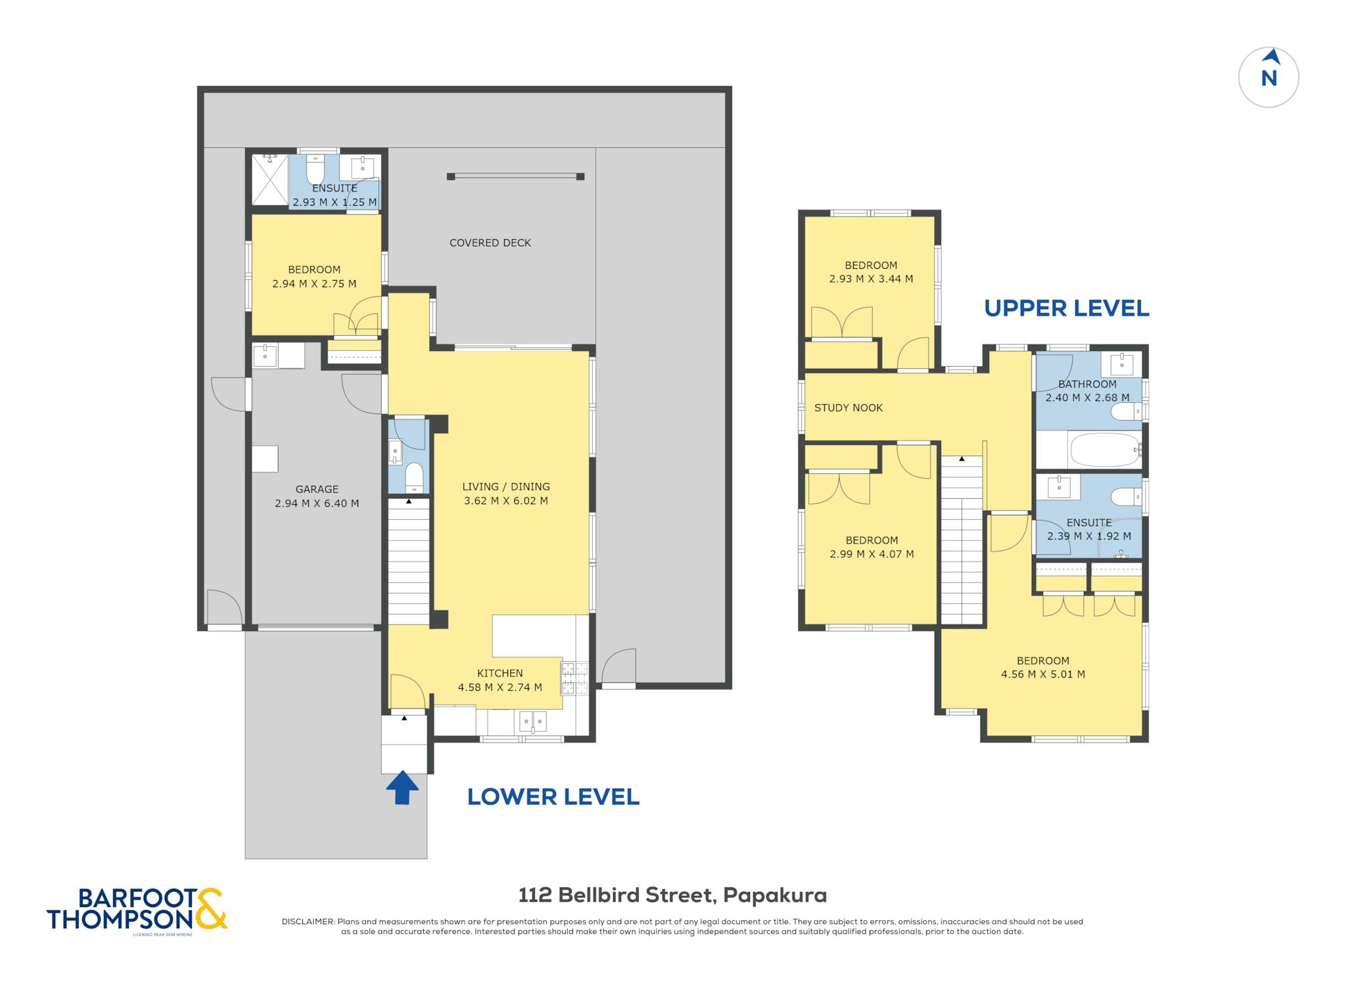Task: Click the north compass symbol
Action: [1268, 78]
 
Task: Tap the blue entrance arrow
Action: [402, 787]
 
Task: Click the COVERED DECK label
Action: [490, 243]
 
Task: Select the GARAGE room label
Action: [317, 489]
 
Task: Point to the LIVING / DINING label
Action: [506, 486]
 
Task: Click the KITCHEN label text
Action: [500, 673]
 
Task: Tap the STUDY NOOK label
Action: [848, 408]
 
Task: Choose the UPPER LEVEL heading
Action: [1067, 308]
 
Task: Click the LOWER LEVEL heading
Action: [553, 797]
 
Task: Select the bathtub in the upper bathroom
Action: [1105, 450]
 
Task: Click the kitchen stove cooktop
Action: [574, 679]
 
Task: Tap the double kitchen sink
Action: [533, 721]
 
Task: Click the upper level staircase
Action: [962, 540]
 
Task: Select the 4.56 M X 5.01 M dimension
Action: [1043, 674]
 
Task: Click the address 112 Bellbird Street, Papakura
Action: [673, 895]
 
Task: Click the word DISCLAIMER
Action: [308, 922]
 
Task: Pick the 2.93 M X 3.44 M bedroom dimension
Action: [871, 279]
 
